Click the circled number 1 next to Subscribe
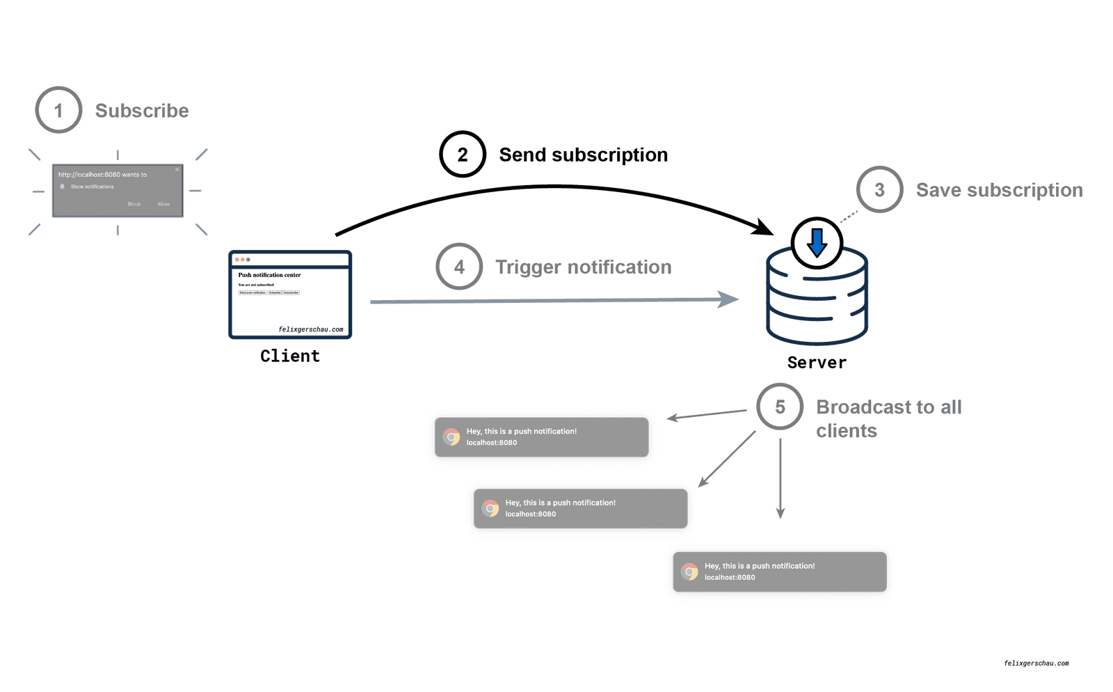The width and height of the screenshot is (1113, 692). [58, 110]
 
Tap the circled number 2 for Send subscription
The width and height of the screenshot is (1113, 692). [462, 154]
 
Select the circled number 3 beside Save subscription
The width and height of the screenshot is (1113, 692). [879, 189]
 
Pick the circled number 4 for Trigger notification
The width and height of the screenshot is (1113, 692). [459, 267]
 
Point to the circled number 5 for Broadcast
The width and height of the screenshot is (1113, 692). [780, 407]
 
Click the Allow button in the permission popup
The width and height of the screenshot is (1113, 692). [163, 204]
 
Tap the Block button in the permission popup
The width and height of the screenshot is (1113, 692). [134, 204]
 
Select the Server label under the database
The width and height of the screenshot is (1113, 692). [817, 363]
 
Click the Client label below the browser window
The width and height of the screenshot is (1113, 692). [290, 356]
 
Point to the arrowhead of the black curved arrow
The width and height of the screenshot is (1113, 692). [765, 228]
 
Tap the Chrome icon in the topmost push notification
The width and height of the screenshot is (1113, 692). [452, 437]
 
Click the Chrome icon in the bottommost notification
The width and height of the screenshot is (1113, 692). [690, 572]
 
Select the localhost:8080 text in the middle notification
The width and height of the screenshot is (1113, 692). [530, 514]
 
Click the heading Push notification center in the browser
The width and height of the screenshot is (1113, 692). [269, 275]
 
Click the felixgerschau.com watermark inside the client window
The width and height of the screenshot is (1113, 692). [310, 329]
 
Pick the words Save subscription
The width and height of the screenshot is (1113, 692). [999, 190]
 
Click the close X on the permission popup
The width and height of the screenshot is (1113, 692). [177, 169]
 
